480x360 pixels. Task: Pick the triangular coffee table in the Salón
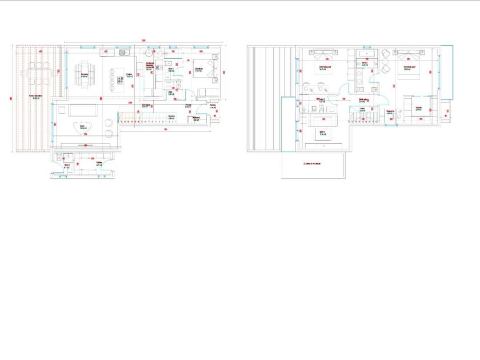point(83,129)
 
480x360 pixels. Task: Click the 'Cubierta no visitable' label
point(312,163)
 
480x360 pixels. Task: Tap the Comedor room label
point(84,74)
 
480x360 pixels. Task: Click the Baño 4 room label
point(67,166)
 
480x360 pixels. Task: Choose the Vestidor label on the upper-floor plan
point(418,108)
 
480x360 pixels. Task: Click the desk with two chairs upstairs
point(312,87)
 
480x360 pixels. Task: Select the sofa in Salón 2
point(324,121)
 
